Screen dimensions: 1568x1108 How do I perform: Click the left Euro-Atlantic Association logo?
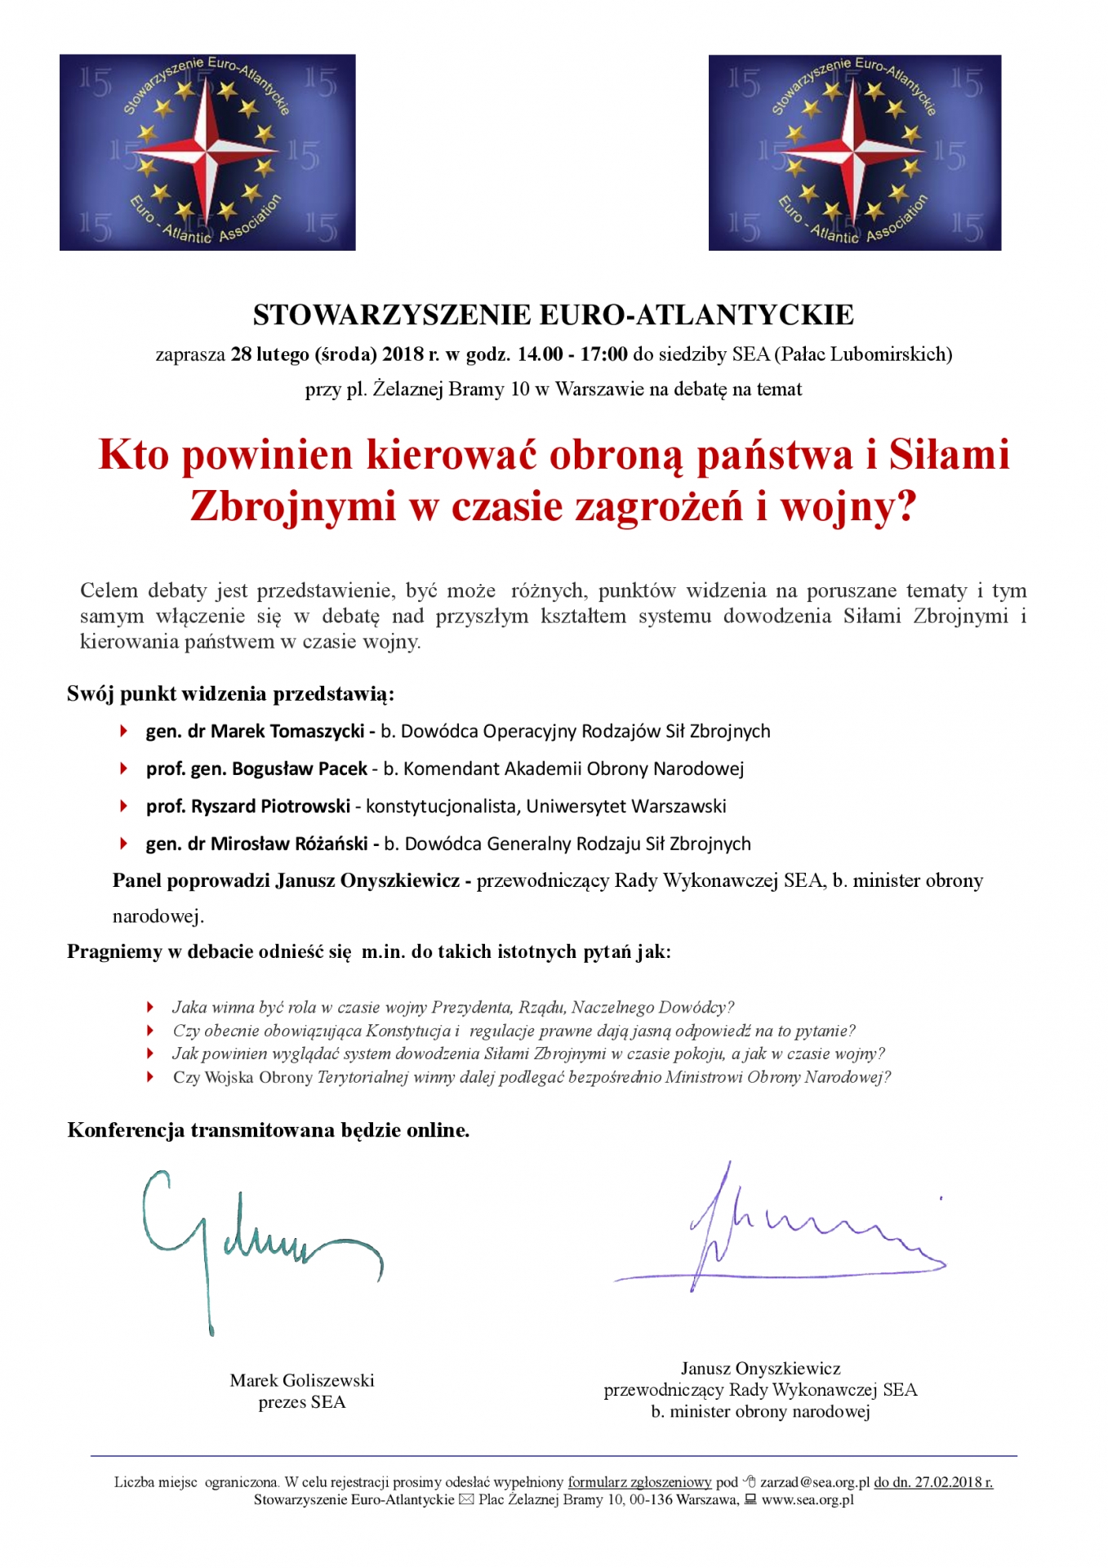(x=207, y=152)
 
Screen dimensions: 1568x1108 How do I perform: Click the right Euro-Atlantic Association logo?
(x=854, y=152)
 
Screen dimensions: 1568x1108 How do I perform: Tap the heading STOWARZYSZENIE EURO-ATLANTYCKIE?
(x=553, y=314)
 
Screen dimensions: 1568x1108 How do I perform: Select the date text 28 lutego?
(x=269, y=354)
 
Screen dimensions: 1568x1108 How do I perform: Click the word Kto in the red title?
(x=134, y=455)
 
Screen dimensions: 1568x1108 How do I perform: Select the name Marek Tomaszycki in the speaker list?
(x=287, y=731)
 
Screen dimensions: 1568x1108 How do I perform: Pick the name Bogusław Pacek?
(x=300, y=768)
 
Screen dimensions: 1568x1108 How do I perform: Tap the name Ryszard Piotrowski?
(x=270, y=806)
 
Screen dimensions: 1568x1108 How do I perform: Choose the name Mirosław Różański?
(x=289, y=844)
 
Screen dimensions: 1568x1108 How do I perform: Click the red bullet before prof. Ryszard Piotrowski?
(x=124, y=806)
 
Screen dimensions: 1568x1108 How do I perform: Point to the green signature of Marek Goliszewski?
(x=245, y=1241)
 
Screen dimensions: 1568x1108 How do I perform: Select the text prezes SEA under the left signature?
(x=302, y=1402)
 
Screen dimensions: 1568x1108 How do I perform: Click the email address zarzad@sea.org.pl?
(x=814, y=1482)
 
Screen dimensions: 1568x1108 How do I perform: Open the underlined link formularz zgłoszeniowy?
(x=639, y=1482)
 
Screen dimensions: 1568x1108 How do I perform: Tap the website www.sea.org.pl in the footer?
(x=808, y=1500)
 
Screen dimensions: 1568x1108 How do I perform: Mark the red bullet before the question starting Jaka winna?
(x=150, y=1007)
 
